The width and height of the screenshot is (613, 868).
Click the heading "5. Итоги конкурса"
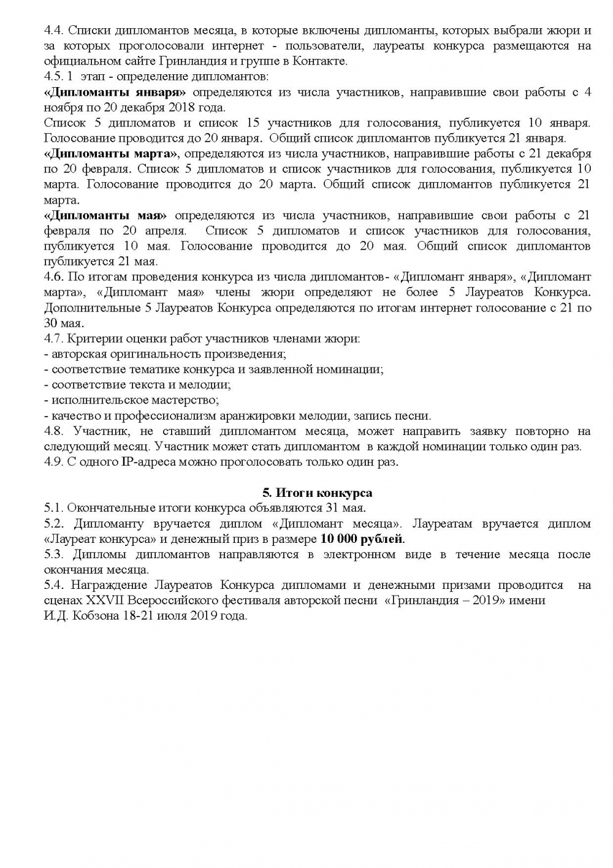click(317, 493)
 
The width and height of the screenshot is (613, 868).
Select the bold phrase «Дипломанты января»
click(115, 92)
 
